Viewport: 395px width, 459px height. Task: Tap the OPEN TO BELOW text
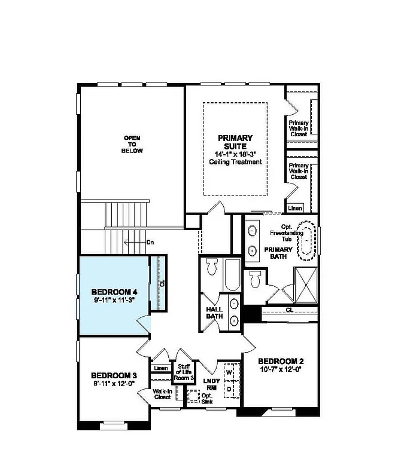pos(132,144)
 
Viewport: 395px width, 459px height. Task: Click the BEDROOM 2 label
pos(281,361)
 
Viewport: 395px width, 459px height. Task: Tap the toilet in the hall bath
pos(211,267)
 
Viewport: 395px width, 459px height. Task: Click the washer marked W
pos(229,372)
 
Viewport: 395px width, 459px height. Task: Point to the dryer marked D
pos(229,389)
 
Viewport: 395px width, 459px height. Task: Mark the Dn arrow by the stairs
pos(136,242)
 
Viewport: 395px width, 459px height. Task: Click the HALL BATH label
pos(214,312)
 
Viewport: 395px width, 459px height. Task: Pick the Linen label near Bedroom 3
pos(160,368)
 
